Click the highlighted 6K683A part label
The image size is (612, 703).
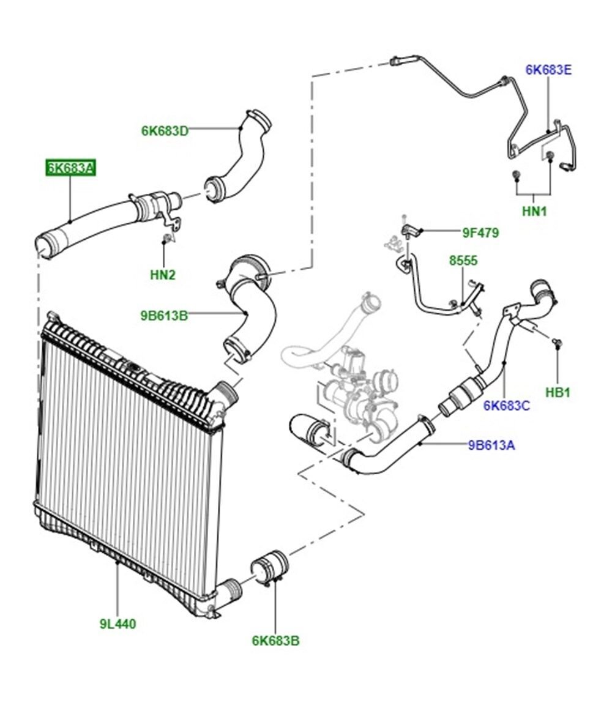70,168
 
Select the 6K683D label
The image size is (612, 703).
165,130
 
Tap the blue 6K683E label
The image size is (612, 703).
548,70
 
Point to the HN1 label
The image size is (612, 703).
534,211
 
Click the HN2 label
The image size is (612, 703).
163,275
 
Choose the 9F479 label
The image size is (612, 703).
480,232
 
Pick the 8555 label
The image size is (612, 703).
463,260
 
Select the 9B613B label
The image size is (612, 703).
163,316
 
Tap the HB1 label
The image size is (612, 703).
558,392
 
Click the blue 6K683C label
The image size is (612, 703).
506,405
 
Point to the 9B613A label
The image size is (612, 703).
491,445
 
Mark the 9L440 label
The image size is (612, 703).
118,624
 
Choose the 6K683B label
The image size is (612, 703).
275,641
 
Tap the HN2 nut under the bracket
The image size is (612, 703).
165,237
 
